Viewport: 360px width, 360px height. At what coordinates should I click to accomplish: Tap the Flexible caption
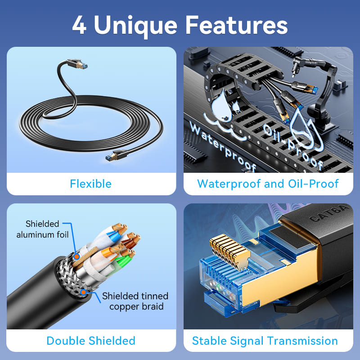[x=90, y=184]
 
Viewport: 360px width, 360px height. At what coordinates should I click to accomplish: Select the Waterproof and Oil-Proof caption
[x=268, y=184]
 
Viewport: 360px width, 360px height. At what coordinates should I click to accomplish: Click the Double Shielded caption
[x=90, y=341]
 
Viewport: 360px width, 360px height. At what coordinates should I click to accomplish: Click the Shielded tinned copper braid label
[x=135, y=301]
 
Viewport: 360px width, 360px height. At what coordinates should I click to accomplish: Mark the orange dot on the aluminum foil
[x=76, y=257]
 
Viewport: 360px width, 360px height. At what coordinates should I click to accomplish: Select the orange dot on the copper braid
[x=84, y=292]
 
